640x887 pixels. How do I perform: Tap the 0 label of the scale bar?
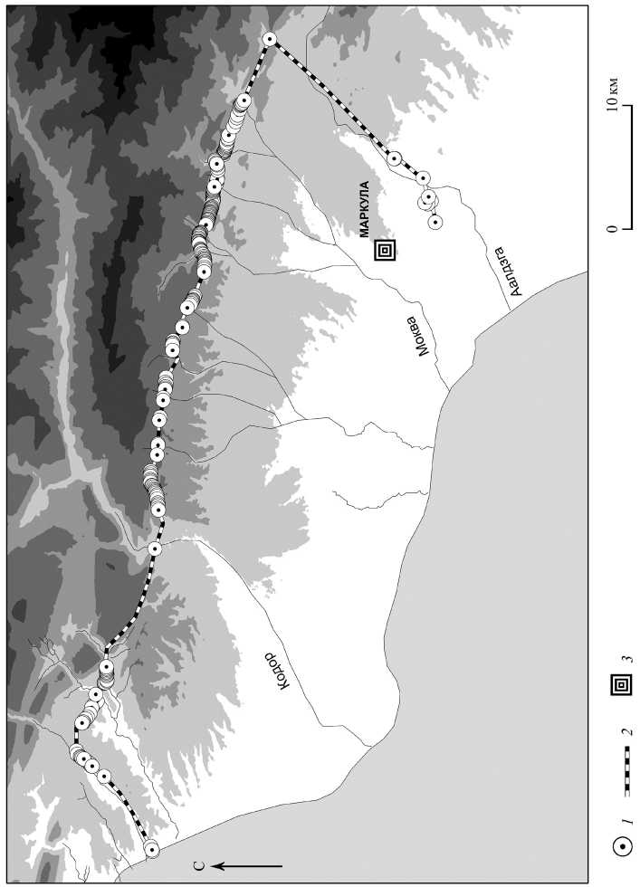click(x=614, y=229)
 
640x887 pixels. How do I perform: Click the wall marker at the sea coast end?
click(x=151, y=848)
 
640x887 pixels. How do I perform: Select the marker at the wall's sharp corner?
click(x=269, y=38)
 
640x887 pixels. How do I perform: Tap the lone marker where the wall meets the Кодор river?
click(x=155, y=548)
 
